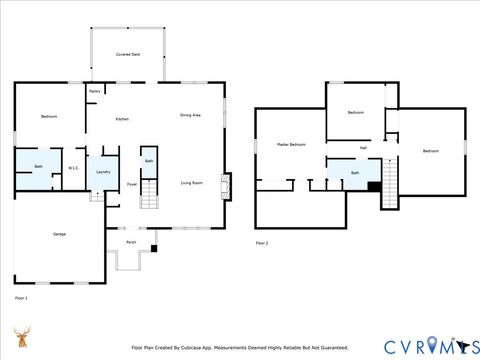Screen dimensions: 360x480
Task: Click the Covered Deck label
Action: [127, 52]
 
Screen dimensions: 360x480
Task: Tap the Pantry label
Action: [94, 92]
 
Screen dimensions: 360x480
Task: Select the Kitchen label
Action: [122, 119]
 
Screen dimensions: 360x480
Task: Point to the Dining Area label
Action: [191, 116]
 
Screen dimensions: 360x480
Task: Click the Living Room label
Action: [192, 182]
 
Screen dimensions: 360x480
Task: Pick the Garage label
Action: [59, 234]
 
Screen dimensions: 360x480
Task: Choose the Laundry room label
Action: [102, 172]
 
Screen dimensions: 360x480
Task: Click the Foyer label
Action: [131, 185]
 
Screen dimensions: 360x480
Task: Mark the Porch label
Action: [131, 242]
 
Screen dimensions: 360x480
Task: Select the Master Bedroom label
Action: [290, 145]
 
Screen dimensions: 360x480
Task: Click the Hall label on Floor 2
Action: [363, 148]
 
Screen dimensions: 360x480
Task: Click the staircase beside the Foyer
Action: [149, 191]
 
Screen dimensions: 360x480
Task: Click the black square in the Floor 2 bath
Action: [373, 184]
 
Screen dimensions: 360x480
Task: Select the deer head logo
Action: [21, 337]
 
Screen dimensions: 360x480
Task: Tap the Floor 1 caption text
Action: [21, 298]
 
